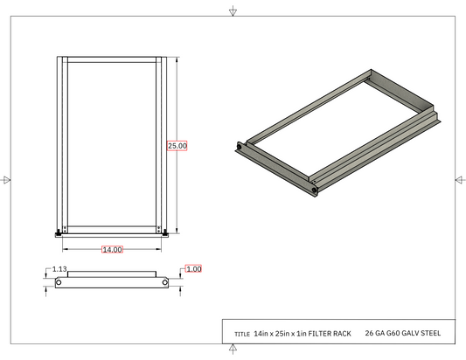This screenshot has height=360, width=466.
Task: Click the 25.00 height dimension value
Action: coord(177,146)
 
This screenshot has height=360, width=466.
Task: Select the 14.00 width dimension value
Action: coord(112,250)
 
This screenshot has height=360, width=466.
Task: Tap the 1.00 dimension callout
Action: coord(193,269)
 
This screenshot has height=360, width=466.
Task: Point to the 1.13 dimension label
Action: coord(59,269)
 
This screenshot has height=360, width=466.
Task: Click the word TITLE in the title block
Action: coord(242,334)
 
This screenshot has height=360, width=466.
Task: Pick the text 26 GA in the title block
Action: coord(374,333)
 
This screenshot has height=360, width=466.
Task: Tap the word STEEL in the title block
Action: coord(431,333)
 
